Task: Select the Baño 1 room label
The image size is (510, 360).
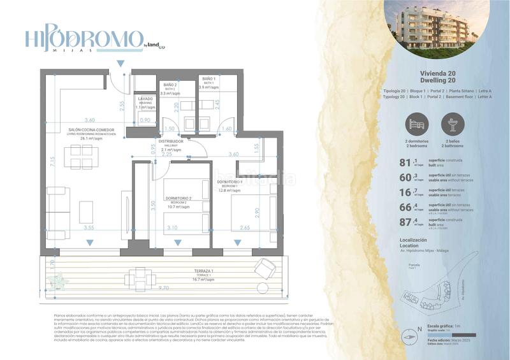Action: click(x=209, y=82)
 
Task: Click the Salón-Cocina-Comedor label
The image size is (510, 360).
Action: click(x=91, y=134)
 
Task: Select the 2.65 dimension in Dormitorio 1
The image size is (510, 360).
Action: click(x=245, y=227)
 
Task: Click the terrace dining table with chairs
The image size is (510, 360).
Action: click(x=140, y=277)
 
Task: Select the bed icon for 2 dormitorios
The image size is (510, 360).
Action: click(x=416, y=124)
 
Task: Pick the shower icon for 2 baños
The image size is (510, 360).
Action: click(x=453, y=124)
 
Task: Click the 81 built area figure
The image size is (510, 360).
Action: click(x=404, y=164)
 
